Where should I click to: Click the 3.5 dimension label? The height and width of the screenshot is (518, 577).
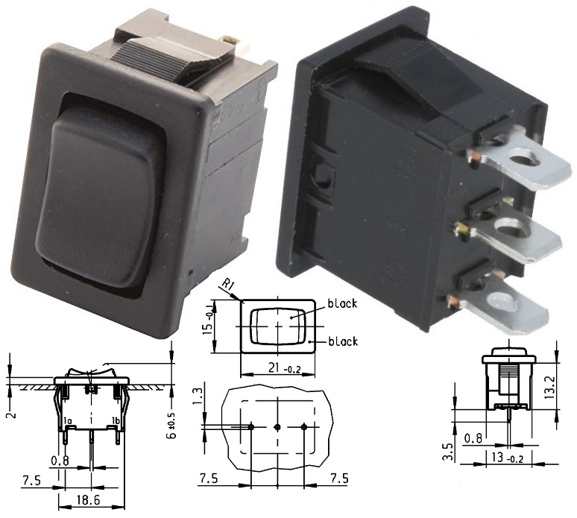click(x=447, y=452)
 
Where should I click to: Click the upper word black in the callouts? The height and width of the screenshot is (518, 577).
click(x=343, y=305)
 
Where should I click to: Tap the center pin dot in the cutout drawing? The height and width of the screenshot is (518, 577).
click(x=277, y=427)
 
